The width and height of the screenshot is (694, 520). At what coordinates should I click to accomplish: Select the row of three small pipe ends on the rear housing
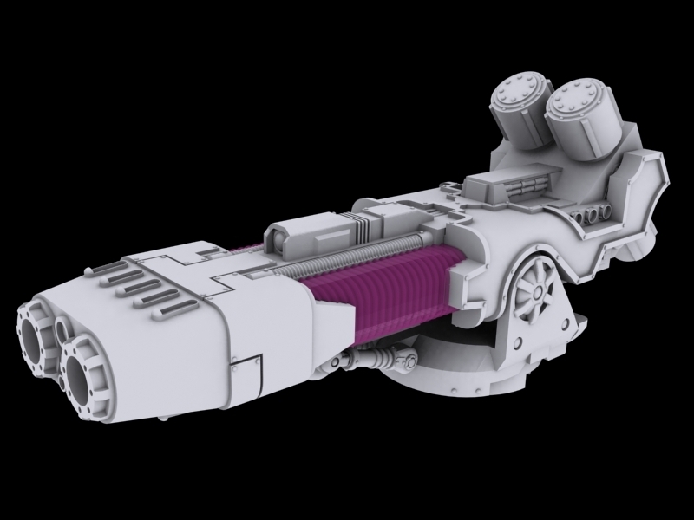pyautogui.click(x=594, y=213)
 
